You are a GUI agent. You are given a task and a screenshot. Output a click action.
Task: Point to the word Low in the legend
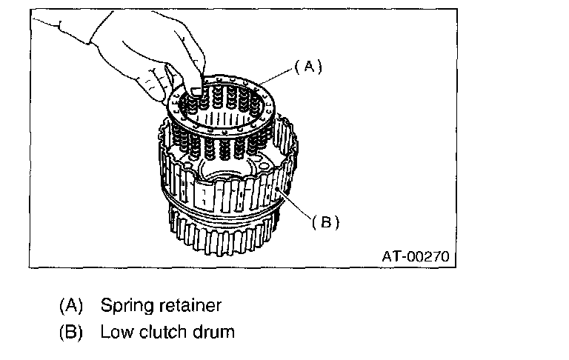point(115,331)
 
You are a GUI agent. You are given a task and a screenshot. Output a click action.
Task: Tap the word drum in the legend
point(215,331)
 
